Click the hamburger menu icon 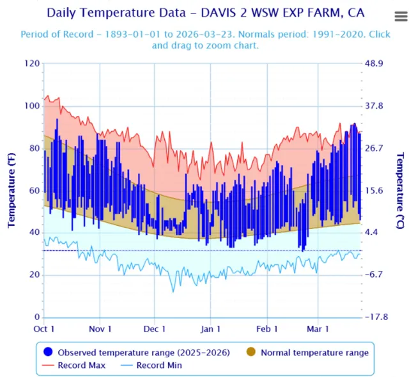(x=401, y=17)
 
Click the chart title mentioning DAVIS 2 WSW (x=202, y=13)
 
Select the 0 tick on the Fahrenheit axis (x=37, y=317)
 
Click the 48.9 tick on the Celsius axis (x=376, y=63)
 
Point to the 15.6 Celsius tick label (x=376, y=191)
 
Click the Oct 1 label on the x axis (x=44, y=329)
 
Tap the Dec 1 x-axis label (x=155, y=329)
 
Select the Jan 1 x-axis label (x=211, y=329)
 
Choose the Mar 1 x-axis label (x=318, y=329)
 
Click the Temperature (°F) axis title (x=12, y=190)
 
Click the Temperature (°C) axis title (x=401, y=190)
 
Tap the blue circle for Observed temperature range (x=49, y=352)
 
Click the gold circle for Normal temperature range (x=251, y=352)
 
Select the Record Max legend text (x=82, y=365)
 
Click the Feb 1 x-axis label (x=267, y=329)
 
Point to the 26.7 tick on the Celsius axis (x=376, y=148)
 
